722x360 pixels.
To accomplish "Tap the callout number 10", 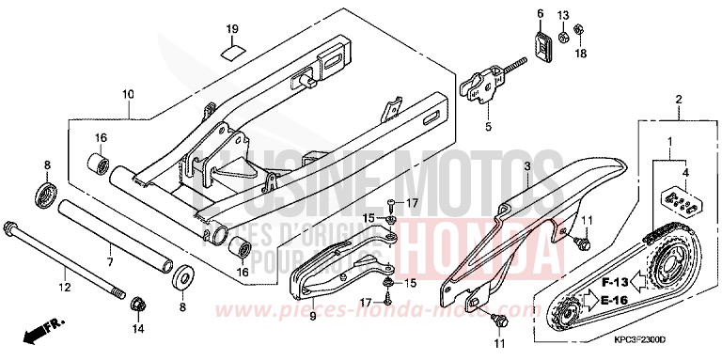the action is [129, 94].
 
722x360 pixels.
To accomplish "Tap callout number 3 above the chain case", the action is [527, 166].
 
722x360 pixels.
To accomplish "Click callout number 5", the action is [489, 126].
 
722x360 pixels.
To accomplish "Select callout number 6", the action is [541, 13].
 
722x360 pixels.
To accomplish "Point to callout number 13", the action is [563, 14].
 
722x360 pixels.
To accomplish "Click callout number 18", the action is [580, 55].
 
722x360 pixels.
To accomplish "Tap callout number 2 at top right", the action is [679, 98].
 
